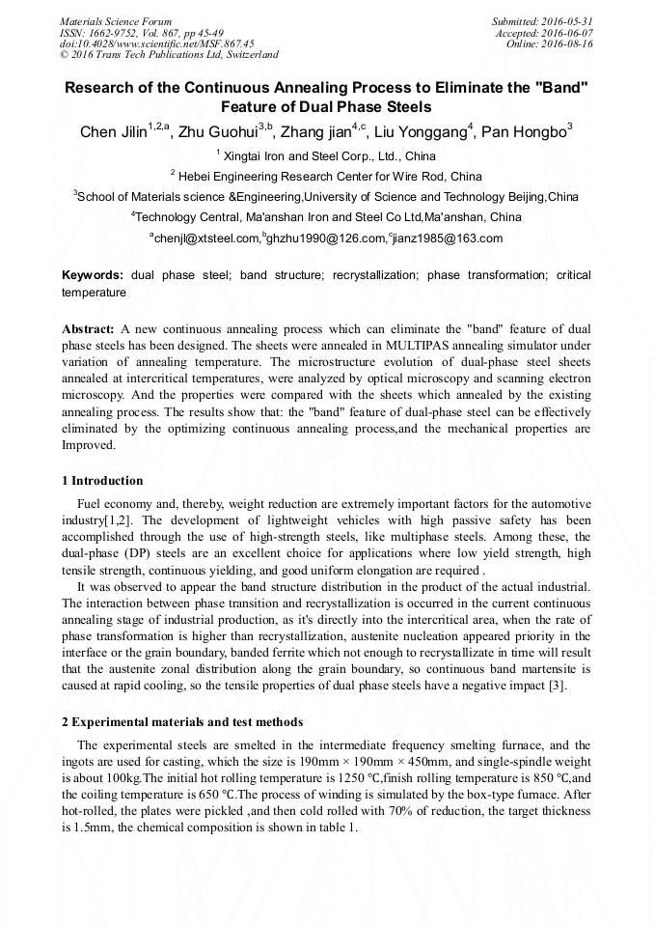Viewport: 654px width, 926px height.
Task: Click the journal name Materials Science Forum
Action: coord(116,21)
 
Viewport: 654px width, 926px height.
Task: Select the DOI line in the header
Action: coord(156,43)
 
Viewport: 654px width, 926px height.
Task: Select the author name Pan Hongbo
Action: coord(523,132)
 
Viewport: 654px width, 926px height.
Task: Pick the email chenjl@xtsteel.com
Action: coord(207,239)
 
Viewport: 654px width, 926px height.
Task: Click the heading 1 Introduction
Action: coord(102,481)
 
